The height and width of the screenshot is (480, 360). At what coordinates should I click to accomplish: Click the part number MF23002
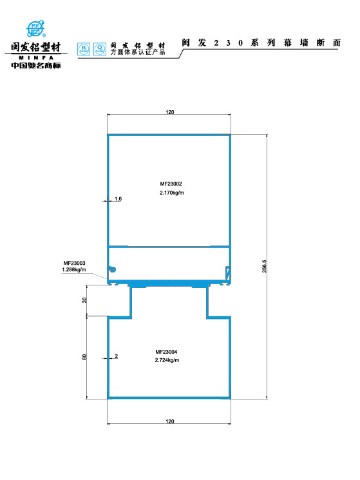pos(171,184)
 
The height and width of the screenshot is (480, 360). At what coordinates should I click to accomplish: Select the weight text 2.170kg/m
pos(171,193)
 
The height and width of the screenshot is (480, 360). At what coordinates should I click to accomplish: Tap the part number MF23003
pos(74,263)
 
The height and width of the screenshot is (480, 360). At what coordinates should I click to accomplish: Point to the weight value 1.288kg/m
pos(74,270)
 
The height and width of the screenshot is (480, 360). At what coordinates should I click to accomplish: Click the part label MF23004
pos(167,352)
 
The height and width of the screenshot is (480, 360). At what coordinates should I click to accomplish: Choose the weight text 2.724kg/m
pos(167,360)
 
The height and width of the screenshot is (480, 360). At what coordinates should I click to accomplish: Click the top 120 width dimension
pos(169,112)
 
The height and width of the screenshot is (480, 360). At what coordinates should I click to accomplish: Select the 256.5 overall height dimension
pos(264,266)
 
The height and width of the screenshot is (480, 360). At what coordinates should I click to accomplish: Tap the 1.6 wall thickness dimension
pos(118,199)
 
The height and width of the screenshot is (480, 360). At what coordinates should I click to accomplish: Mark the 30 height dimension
pos(84,301)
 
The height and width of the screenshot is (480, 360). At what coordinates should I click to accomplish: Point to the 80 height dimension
pos(84,357)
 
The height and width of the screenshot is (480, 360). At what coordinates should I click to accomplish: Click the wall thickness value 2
pos(116,356)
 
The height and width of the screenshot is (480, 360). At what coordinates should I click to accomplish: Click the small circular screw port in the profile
pos(111,269)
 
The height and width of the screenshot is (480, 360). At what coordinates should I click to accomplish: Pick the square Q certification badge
pos(99,48)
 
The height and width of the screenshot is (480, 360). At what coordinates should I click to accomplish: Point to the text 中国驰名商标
pos(36,65)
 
